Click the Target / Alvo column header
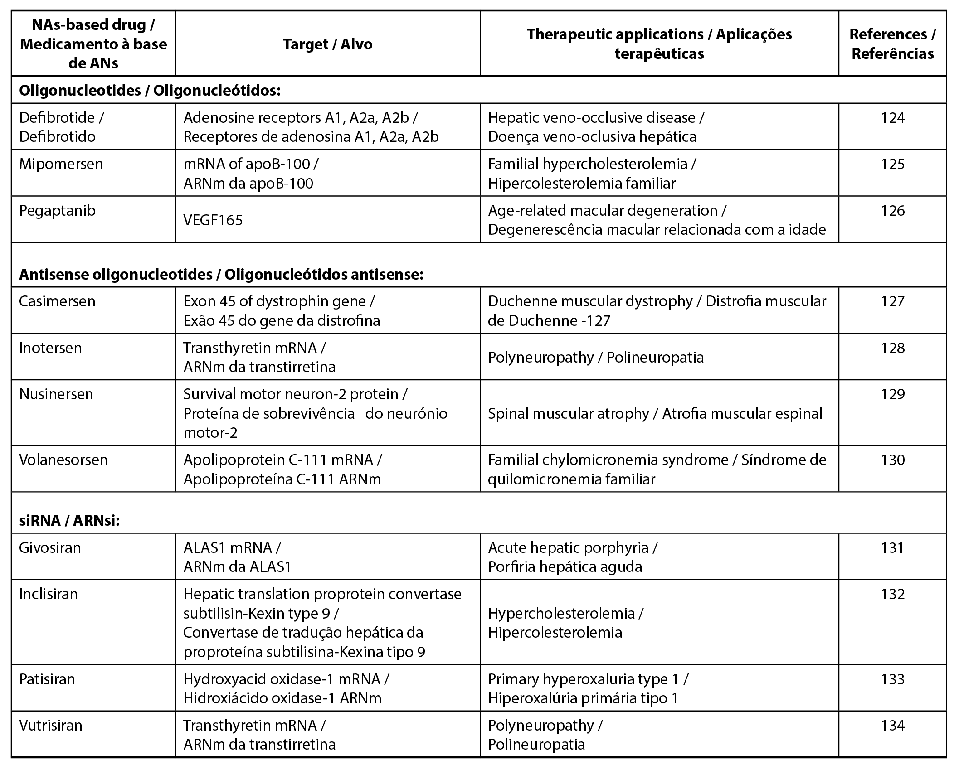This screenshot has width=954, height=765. click(x=327, y=44)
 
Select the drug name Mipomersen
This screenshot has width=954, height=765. click(x=61, y=164)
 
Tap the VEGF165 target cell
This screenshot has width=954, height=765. click(x=213, y=220)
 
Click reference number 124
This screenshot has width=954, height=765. click(x=892, y=118)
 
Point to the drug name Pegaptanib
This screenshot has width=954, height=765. click(x=58, y=211)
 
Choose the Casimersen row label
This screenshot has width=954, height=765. click(x=57, y=301)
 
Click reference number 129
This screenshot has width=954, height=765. click(x=892, y=394)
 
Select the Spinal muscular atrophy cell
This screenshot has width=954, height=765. click(x=655, y=413)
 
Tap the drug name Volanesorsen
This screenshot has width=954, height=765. click(x=63, y=460)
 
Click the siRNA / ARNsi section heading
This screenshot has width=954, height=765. click(x=69, y=521)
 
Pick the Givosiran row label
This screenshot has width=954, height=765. click(x=50, y=548)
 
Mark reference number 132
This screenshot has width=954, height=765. click(x=892, y=594)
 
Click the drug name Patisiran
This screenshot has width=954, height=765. click(x=47, y=679)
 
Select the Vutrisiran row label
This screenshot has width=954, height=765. click(x=51, y=726)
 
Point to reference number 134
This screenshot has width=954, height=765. click(x=892, y=726)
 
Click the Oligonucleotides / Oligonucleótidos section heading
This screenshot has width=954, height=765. click(x=150, y=91)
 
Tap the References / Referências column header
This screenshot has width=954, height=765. click(x=892, y=44)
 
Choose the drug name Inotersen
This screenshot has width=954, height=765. click(x=50, y=348)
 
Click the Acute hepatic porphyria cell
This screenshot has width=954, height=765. click(x=572, y=557)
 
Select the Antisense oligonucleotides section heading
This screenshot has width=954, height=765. click(x=221, y=275)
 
